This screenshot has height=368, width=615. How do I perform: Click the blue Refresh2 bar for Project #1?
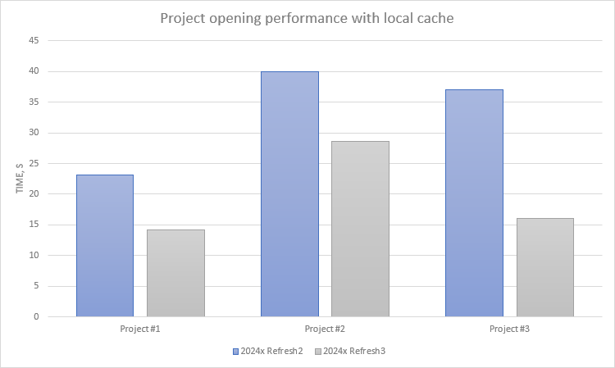105,245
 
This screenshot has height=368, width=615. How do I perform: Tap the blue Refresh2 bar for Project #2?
289,193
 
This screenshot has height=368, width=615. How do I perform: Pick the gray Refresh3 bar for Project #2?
360,229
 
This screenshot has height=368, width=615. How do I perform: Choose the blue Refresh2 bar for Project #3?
474,202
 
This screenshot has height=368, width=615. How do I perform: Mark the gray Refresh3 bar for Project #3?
544,267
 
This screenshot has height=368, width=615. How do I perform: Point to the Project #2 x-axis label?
325,329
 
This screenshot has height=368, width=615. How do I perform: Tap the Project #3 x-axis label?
509,329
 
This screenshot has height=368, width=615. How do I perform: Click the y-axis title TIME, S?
20,176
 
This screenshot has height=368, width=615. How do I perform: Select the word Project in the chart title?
184,18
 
